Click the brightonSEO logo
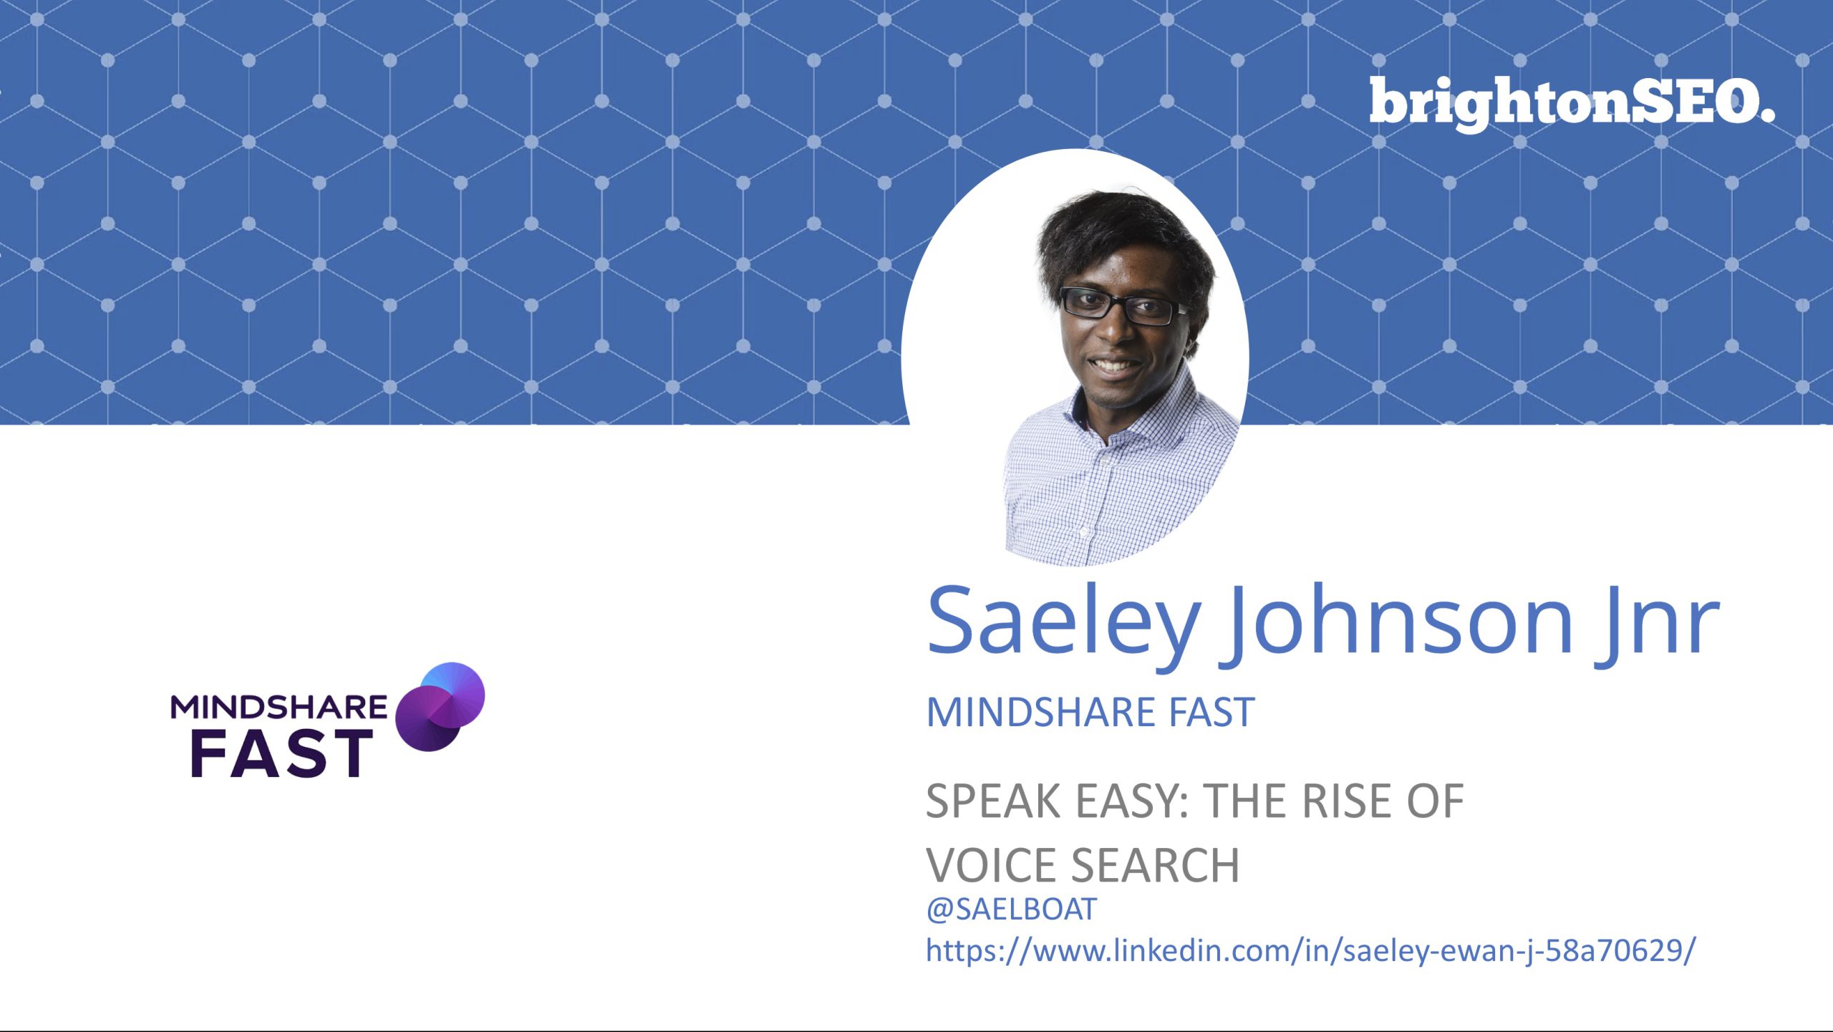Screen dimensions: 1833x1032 click(1572, 104)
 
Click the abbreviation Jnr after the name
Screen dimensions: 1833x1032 click(1658, 619)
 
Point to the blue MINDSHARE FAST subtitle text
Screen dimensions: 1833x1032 click(1090, 712)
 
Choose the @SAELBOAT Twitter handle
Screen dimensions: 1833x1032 click(1011, 910)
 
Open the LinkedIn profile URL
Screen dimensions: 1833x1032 click(1311, 951)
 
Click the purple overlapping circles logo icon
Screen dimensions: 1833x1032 click(440, 707)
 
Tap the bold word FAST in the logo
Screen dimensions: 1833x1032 click(281, 753)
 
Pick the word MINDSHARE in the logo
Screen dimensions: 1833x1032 click(279, 707)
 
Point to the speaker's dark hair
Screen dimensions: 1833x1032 click(1124, 236)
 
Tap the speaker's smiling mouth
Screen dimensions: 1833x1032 click(1114, 367)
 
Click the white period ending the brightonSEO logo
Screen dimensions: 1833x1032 click(1766, 115)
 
